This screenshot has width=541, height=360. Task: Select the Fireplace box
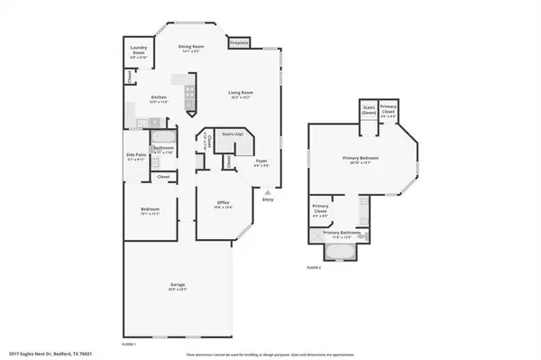pyautogui.click(x=239, y=42)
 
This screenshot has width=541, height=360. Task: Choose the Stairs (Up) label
pyautogui.click(x=232, y=134)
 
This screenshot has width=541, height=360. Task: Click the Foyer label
pyautogui.click(x=259, y=162)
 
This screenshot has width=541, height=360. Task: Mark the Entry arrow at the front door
pyautogui.click(x=267, y=193)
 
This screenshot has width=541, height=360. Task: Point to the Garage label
pyautogui.click(x=178, y=286)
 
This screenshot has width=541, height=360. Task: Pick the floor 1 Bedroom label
pyautogui.click(x=150, y=212)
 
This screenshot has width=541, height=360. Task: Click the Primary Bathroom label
pyautogui.click(x=344, y=233)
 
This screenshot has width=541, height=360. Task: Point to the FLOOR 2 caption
pyautogui.click(x=314, y=268)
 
